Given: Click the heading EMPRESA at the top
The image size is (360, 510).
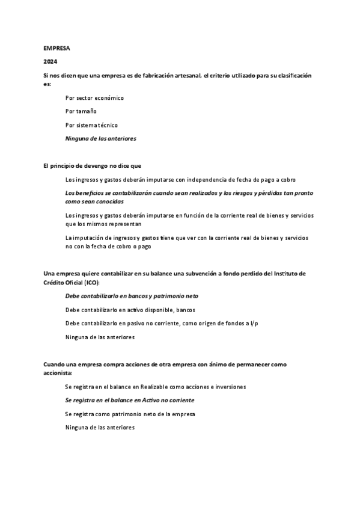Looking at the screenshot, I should coord(56,48).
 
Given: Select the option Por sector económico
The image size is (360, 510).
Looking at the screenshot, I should coord(94,97).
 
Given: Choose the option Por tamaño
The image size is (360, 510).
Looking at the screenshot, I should coord(81,111).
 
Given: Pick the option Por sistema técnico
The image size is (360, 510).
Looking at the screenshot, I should coord(91,125).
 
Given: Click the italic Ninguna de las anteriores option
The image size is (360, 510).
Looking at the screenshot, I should coord(100,138).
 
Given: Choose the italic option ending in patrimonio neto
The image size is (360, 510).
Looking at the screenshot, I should coord(132,296).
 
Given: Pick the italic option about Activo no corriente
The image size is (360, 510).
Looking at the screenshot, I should coord(129,400).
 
